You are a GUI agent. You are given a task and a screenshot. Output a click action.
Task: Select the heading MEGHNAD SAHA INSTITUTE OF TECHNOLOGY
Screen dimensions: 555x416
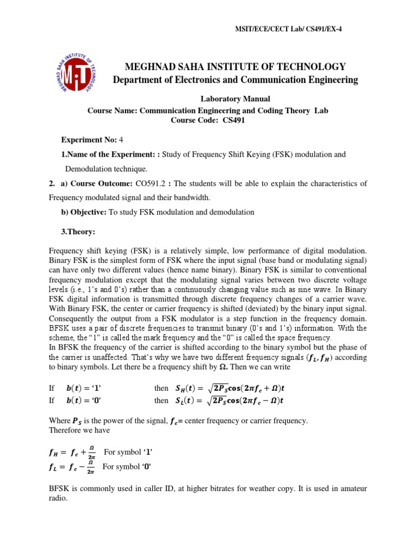[235, 67]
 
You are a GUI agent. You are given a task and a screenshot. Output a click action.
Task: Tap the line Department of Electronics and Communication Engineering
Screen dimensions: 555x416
[235, 80]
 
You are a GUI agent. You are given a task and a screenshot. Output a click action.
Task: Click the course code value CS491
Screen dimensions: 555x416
[233, 120]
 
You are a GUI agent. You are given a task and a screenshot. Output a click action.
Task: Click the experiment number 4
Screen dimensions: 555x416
[113, 140]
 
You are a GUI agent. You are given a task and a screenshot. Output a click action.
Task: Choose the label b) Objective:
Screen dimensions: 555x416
[84, 212]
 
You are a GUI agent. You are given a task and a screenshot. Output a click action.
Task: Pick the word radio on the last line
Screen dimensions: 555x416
[58, 499]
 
